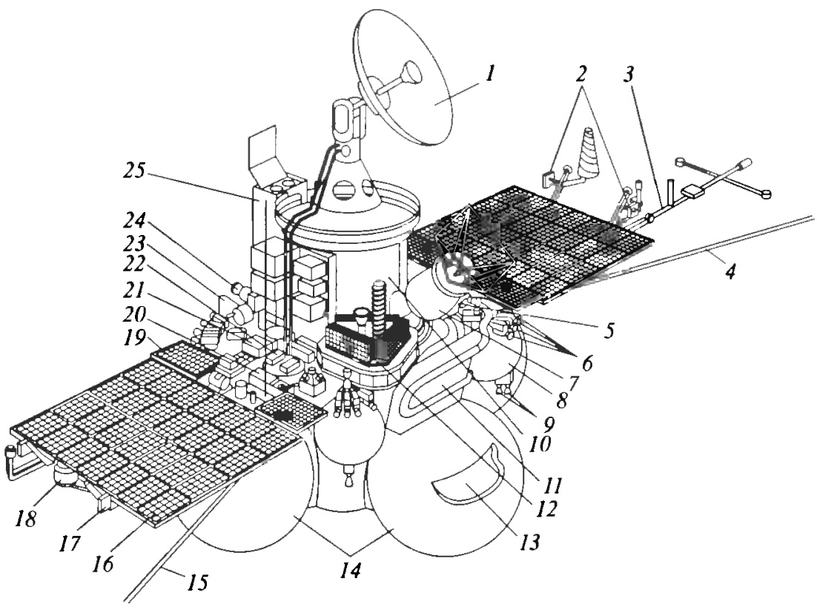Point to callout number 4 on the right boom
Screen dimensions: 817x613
pos(731,271)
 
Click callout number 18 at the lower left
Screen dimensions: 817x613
pos(25,517)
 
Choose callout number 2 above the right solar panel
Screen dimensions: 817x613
pos(581,74)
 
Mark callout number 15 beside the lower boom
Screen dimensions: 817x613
pos(196,582)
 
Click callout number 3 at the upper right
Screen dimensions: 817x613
pos(629,74)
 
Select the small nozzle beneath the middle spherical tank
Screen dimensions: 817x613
pos(346,477)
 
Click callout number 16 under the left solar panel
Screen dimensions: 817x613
pos(104,563)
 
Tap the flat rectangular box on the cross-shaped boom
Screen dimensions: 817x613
pos(692,190)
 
